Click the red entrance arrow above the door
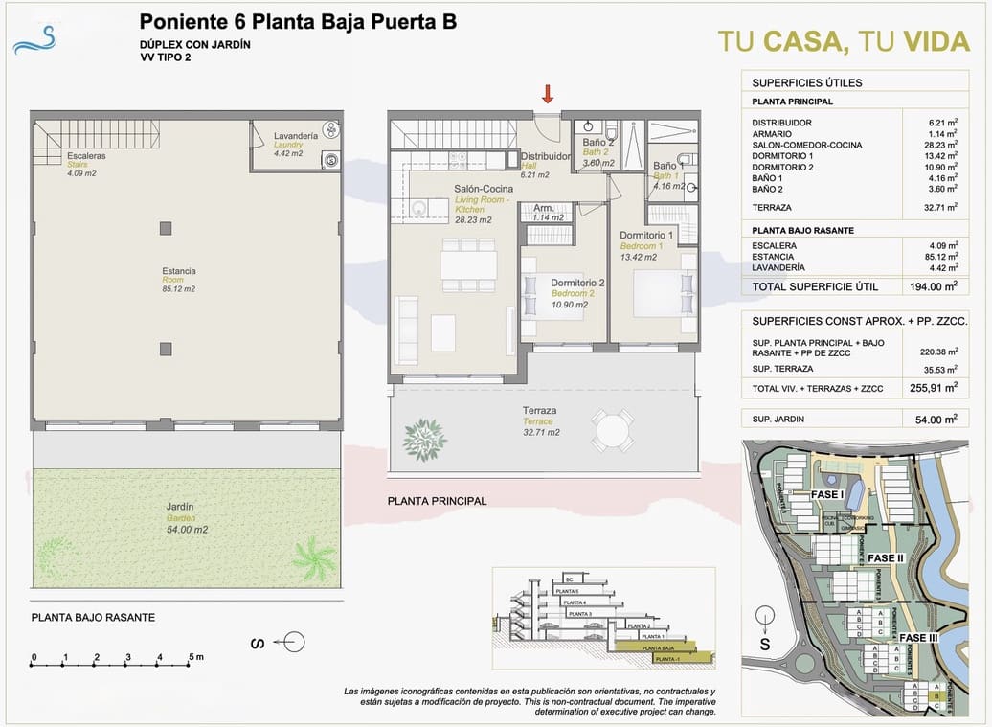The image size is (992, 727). (548, 94)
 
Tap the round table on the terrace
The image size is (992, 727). (612, 430)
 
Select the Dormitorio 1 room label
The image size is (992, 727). (646, 235)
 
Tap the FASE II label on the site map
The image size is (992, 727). (886, 558)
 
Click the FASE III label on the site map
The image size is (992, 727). (918, 637)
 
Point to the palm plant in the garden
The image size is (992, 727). (314, 558)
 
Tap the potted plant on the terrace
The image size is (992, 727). (424, 439)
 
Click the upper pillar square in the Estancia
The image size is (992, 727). (167, 228)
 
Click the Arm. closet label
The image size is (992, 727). (543, 208)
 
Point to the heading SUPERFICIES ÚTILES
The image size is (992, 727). (806, 82)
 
